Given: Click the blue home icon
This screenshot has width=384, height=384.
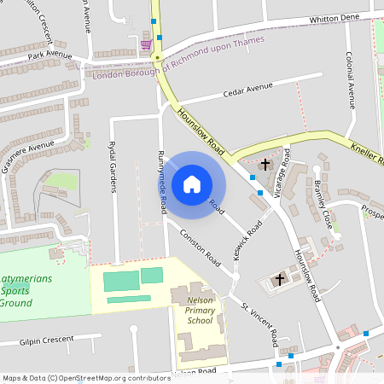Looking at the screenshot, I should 192,183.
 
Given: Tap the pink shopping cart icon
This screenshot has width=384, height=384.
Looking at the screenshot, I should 146,44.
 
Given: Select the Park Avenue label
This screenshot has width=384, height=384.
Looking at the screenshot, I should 49,54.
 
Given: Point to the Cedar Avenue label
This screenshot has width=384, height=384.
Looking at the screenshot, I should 247,88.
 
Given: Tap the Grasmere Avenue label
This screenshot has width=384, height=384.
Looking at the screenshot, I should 30,155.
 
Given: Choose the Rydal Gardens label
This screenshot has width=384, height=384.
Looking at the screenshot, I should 113,166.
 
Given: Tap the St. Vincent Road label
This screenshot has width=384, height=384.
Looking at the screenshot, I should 259,325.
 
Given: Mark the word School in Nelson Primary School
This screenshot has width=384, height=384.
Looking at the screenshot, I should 200,321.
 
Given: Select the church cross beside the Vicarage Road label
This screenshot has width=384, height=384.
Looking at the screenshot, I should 266,164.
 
